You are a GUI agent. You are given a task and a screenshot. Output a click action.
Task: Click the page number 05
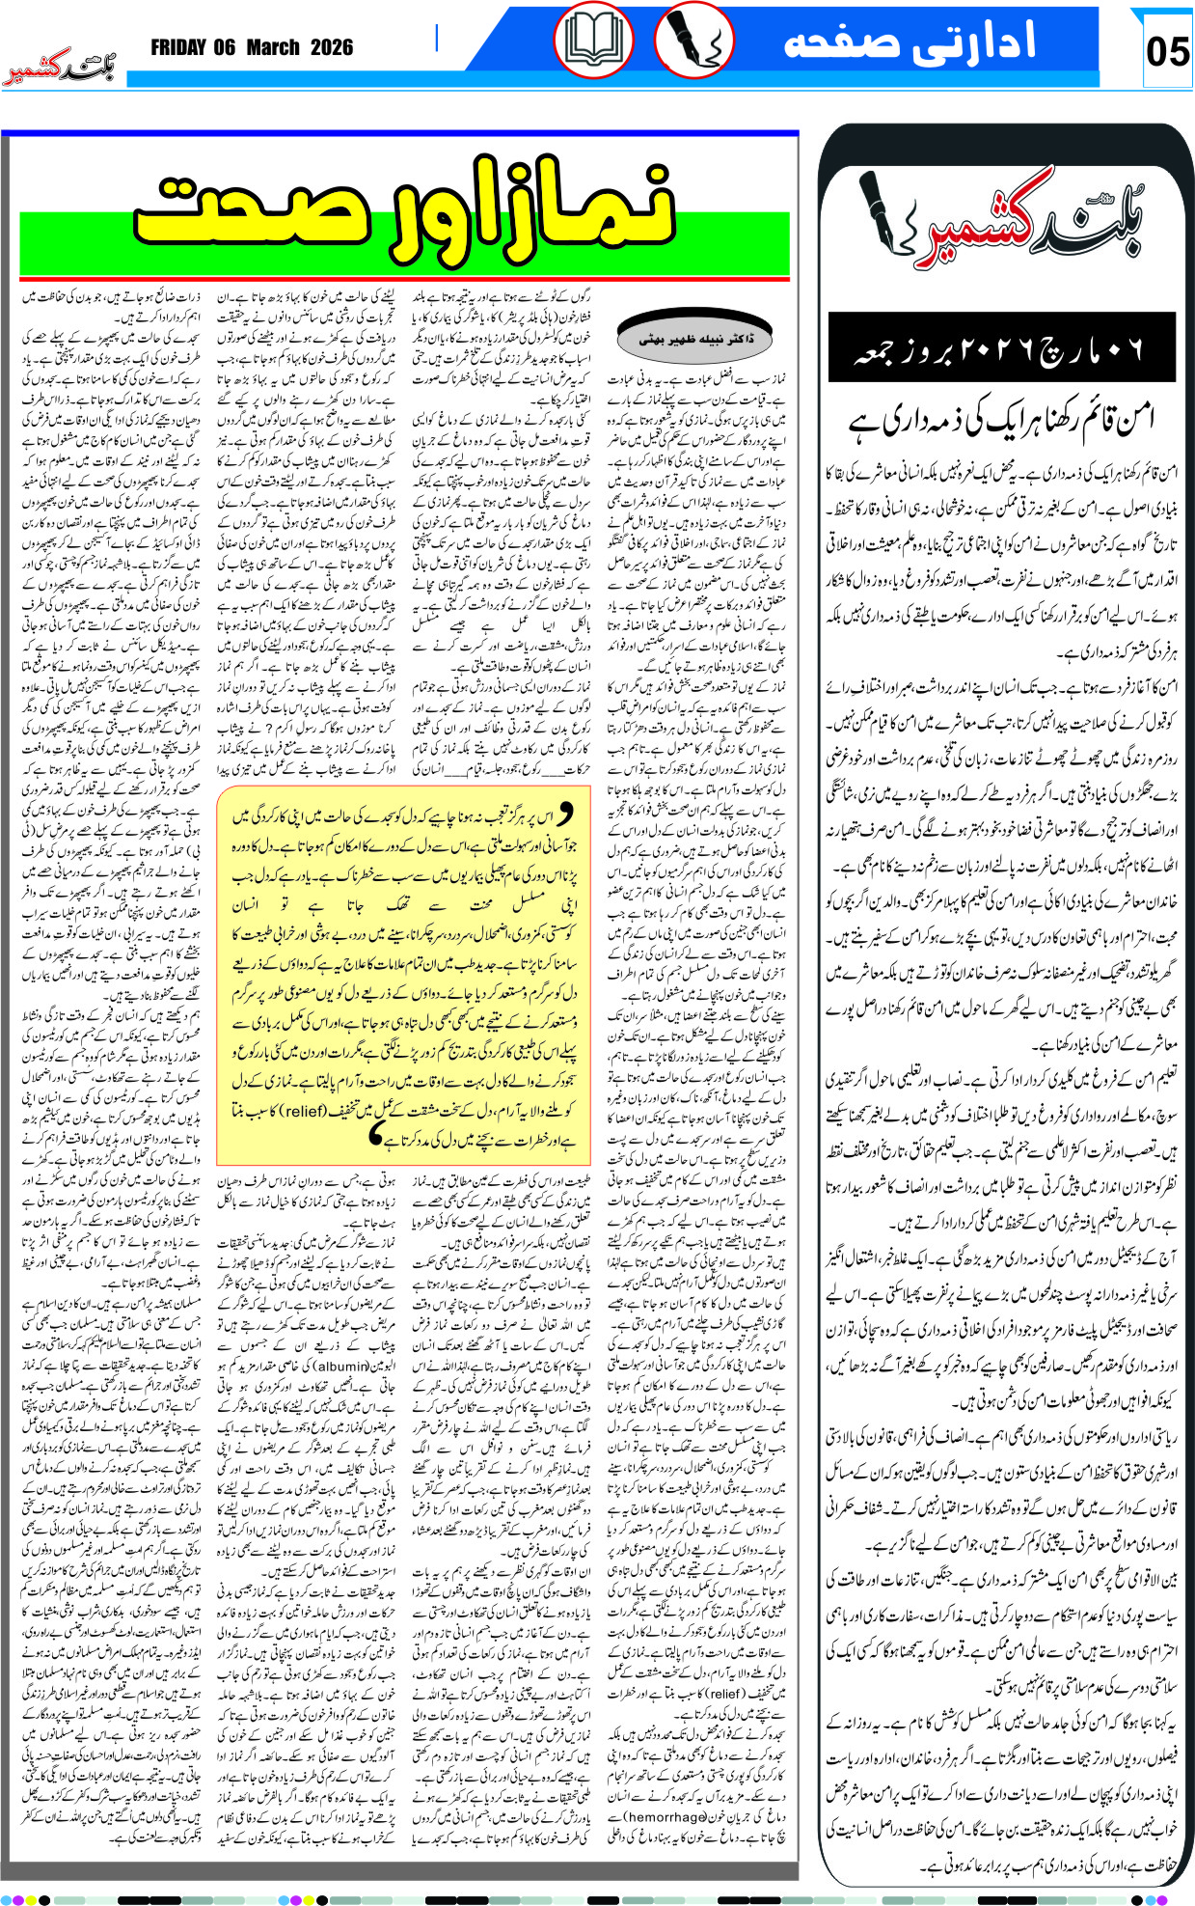[1167, 50]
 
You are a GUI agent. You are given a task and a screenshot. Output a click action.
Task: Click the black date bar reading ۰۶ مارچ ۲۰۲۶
[999, 350]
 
